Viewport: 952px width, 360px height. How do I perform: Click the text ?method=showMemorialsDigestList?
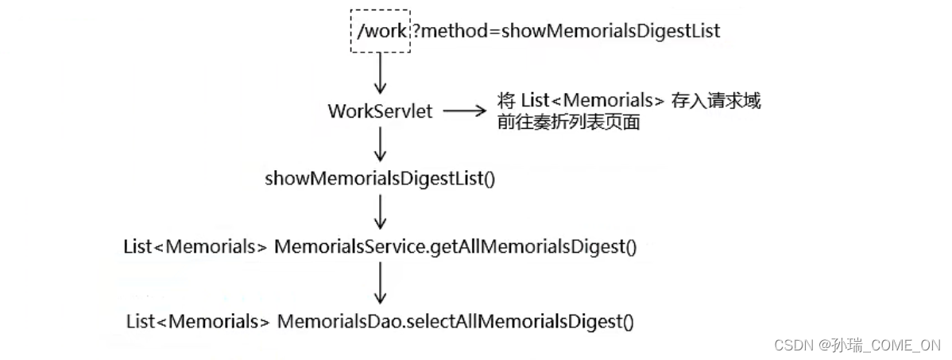pos(566,31)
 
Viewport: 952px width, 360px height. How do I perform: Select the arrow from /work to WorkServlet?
pos(381,74)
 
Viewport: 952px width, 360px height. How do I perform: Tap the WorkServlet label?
pos(380,111)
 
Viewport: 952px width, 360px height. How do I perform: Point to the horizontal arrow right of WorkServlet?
pos(464,111)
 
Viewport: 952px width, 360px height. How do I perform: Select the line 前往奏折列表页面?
pos(568,122)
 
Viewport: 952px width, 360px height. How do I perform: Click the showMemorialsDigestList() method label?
pos(380,179)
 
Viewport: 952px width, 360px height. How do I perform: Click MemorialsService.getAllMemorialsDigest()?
pos(455,246)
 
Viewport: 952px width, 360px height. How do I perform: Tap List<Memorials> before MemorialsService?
pos(195,246)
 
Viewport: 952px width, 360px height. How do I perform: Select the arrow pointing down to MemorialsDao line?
pos(381,282)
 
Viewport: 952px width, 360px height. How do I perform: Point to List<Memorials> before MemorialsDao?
pos(198,322)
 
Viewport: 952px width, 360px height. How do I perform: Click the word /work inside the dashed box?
pos(381,31)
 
